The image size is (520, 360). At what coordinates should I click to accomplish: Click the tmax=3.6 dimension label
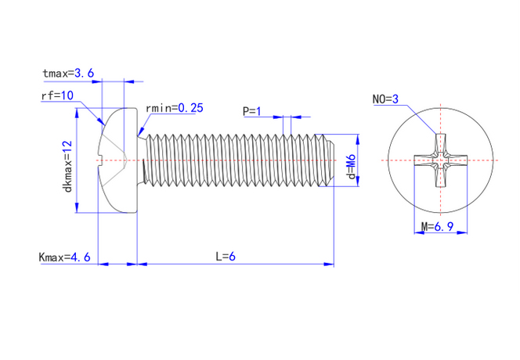[x=69, y=73]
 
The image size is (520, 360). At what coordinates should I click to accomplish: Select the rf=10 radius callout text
[x=57, y=95]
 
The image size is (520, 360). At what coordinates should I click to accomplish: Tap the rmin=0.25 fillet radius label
[x=175, y=107]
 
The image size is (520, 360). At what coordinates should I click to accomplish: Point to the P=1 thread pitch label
[x=252, y=111]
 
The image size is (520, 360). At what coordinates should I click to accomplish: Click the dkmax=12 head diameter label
[x=68, y=166]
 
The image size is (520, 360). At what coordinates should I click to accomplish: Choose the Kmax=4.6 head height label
[x=65, y=257]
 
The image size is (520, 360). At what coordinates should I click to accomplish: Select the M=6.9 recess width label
[x=438, y=226]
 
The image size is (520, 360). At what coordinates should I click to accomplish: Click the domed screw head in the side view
[x=117, y=160]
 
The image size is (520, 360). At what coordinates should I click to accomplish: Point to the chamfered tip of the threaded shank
[x=331, y=161]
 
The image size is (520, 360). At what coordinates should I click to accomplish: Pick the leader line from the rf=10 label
[x=88, y=110]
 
